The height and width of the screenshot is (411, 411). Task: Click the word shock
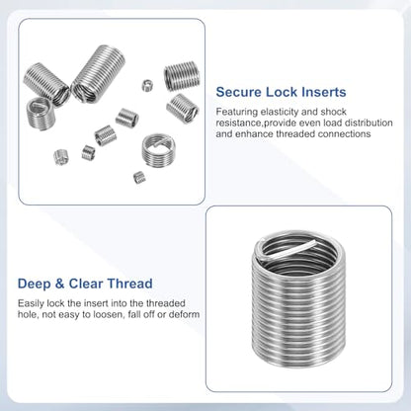click(x=333, y=112)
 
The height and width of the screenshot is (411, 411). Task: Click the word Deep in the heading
click(x=35, y=284)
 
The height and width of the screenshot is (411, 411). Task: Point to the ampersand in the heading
click(x=60, y=284)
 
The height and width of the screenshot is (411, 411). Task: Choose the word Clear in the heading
click(x=86, y=284)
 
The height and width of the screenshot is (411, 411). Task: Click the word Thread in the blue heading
click(x=129, y=284)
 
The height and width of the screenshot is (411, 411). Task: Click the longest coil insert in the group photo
click(x=98, y=74)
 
